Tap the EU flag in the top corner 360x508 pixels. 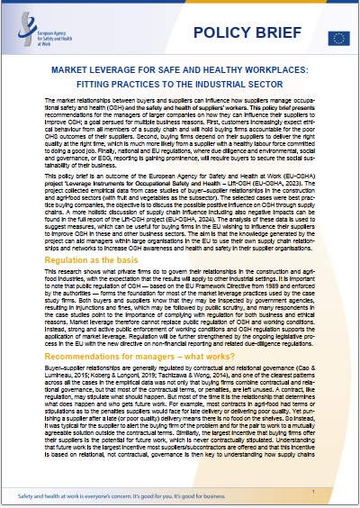[338, 37]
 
